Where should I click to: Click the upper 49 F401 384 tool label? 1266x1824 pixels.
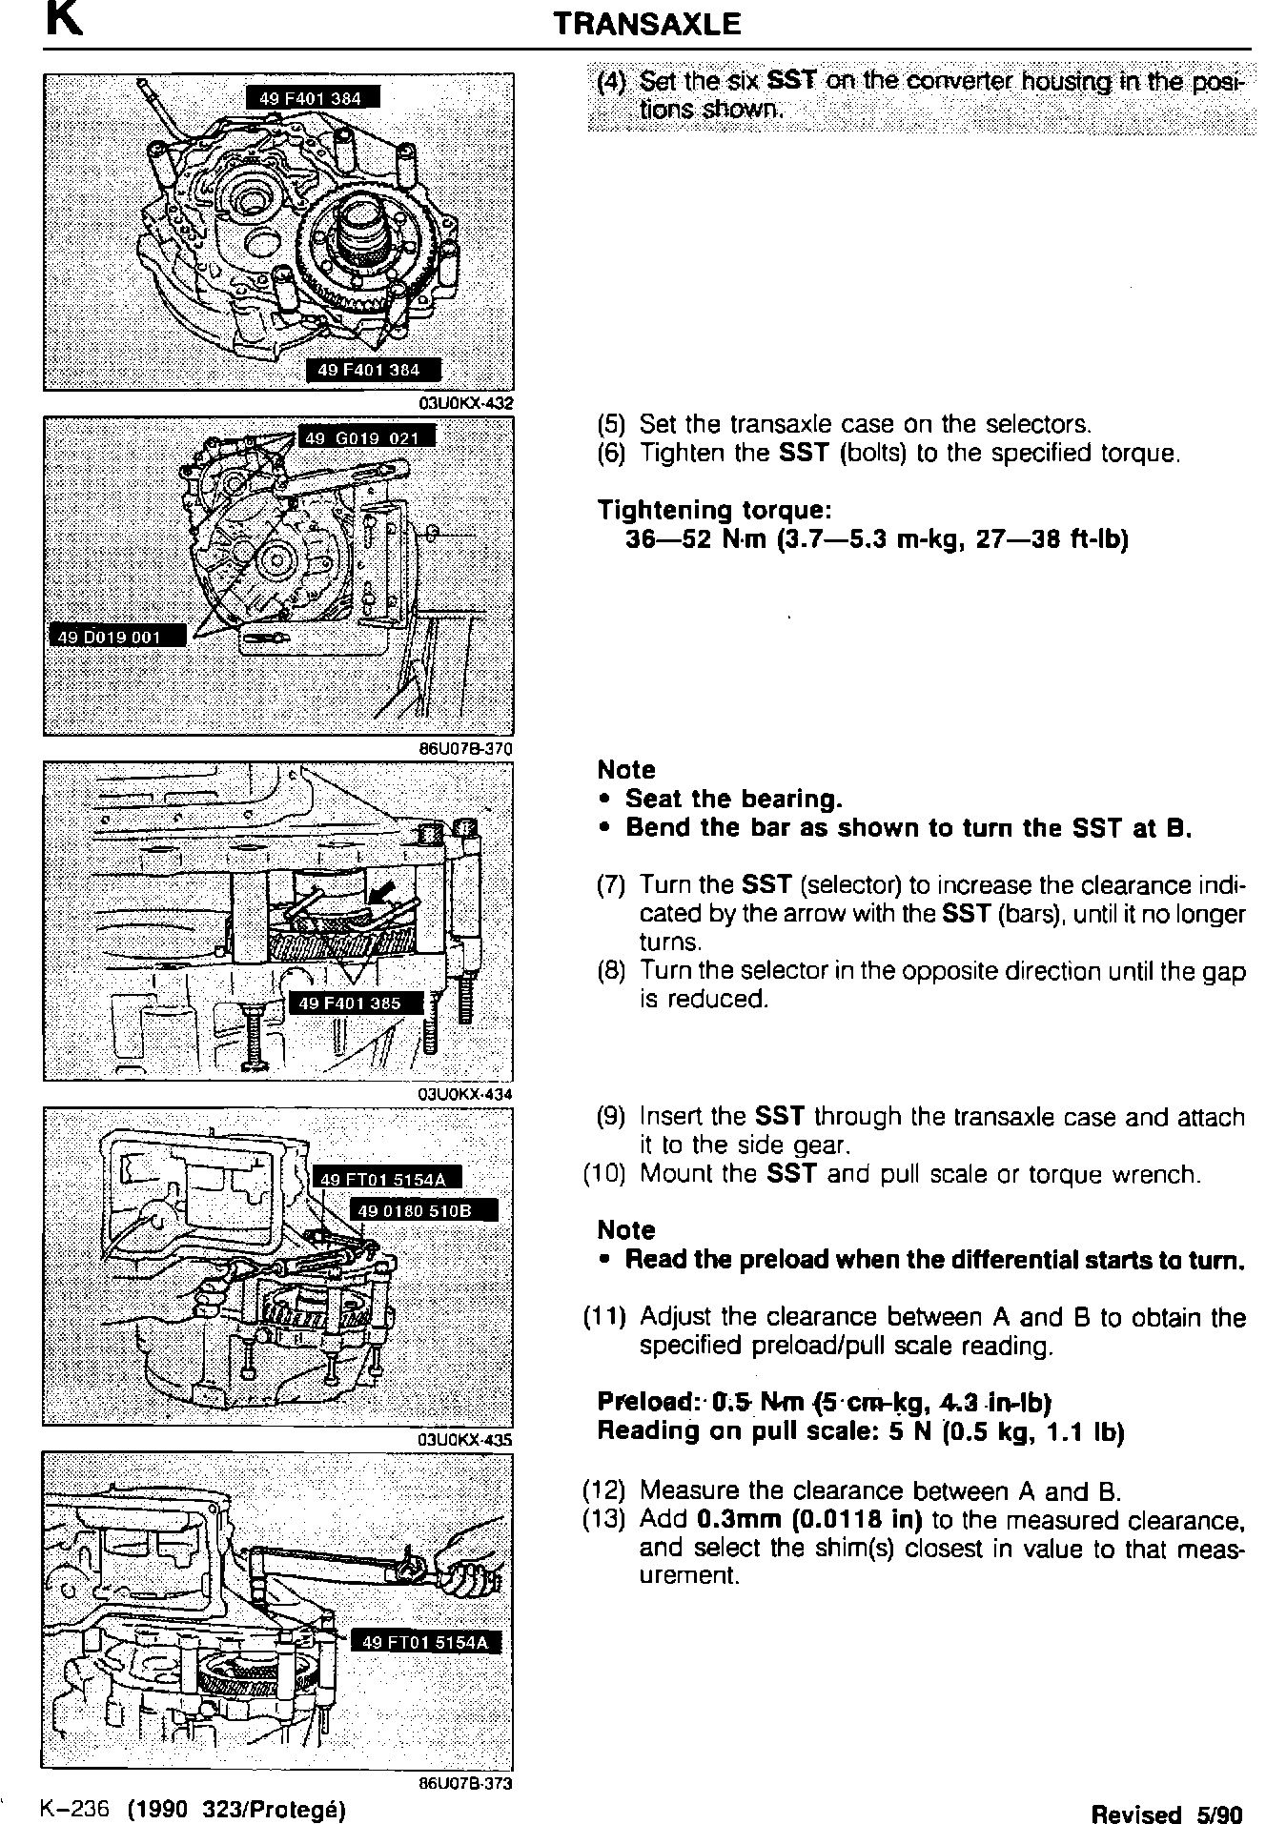coord(313,97)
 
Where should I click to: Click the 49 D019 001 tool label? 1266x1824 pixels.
coord(116,637)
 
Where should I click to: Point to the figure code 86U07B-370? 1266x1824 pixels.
coord(466,749)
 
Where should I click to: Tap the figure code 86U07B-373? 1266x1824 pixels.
coord(466,1784)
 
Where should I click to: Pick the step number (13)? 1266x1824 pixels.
coord(604,1518)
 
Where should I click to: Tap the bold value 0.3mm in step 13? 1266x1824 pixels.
coord(733,1518)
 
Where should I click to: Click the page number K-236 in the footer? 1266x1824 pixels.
coord(76,1808)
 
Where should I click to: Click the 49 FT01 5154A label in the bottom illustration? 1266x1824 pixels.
coord(426,1641)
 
